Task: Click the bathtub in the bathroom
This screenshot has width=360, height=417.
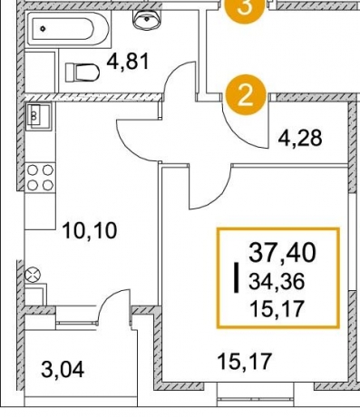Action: [67, 29]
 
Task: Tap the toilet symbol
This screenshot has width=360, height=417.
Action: [83, 73]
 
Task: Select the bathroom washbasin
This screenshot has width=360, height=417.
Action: [146, 20]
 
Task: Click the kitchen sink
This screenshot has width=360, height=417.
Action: [39, 116]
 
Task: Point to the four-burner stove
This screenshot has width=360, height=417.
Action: [40, 178]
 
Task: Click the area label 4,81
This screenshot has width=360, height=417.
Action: [128, 62]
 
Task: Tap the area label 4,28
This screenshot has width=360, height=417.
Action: [300, 139]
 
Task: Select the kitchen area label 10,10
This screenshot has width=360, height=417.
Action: [90, 231]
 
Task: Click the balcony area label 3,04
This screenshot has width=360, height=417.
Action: [63, 370]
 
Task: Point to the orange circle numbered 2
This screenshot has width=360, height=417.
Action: [246, 95]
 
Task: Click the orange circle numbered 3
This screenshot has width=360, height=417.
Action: [245, 8]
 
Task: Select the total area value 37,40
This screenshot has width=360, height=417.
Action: [282, 253]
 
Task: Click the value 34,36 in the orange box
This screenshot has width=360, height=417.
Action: [277, 282]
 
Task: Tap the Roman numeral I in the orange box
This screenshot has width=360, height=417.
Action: [237, 277]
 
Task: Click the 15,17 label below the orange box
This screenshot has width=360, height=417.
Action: [245, 362]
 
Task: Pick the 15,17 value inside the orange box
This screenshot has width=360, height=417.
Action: [277, 309]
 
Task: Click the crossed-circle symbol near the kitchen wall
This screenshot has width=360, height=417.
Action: [33, 276]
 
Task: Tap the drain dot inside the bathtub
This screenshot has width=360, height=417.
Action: [44, 29]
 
